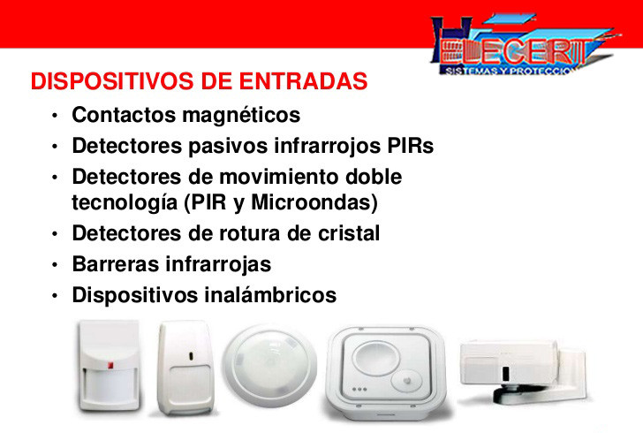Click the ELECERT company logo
coord(525,44)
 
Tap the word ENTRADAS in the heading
coord(304,80)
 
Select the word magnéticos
coord(241,115)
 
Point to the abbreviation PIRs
coord(411,146)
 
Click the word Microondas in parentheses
coord(314,202)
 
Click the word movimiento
coord(279,177)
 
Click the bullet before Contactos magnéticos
coord(55,116)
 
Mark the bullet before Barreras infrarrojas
coord(55,265)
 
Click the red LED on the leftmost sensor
coord(110,365)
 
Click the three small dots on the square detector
coord(359,389)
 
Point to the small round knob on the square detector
coord(406,381)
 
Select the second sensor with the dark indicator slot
coord(185,368)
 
